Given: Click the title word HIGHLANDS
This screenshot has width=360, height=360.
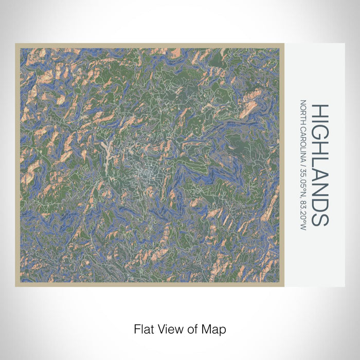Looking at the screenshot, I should [320, 165].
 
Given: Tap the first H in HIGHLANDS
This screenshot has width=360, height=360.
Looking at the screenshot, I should [320, 111].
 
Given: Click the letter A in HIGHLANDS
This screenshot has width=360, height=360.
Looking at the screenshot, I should [320, 171].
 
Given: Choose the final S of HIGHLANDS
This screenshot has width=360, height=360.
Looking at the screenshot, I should [320, 218].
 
